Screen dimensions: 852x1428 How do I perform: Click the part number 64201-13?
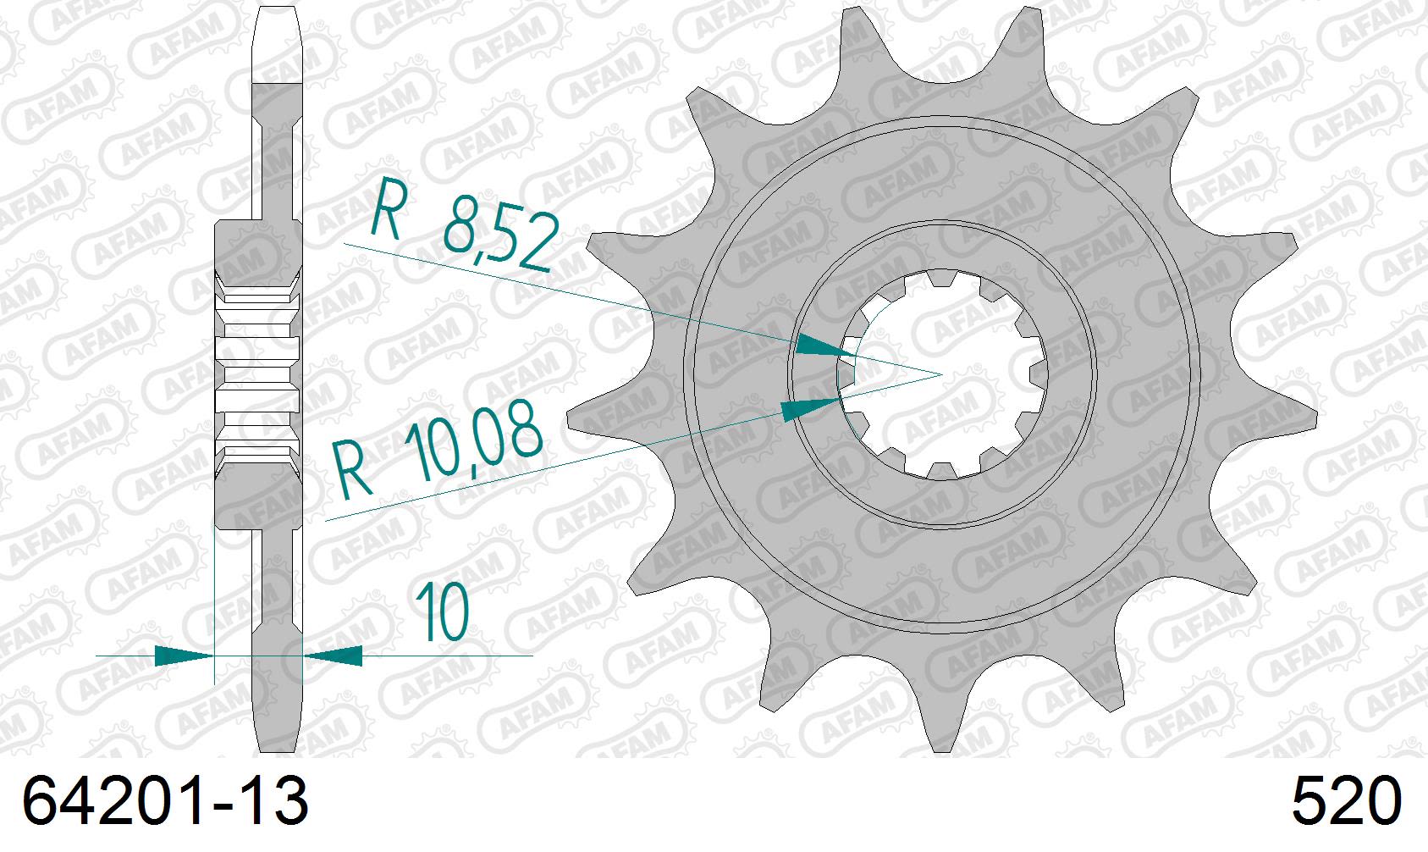(165, 802)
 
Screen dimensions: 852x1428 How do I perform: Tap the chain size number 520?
(1346, 802)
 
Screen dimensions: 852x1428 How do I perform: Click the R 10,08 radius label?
(437, 453)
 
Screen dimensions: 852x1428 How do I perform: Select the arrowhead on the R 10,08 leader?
(809, 410)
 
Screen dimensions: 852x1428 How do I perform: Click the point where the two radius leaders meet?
(942, 373)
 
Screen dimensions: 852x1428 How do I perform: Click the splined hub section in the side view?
(259, 373)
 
